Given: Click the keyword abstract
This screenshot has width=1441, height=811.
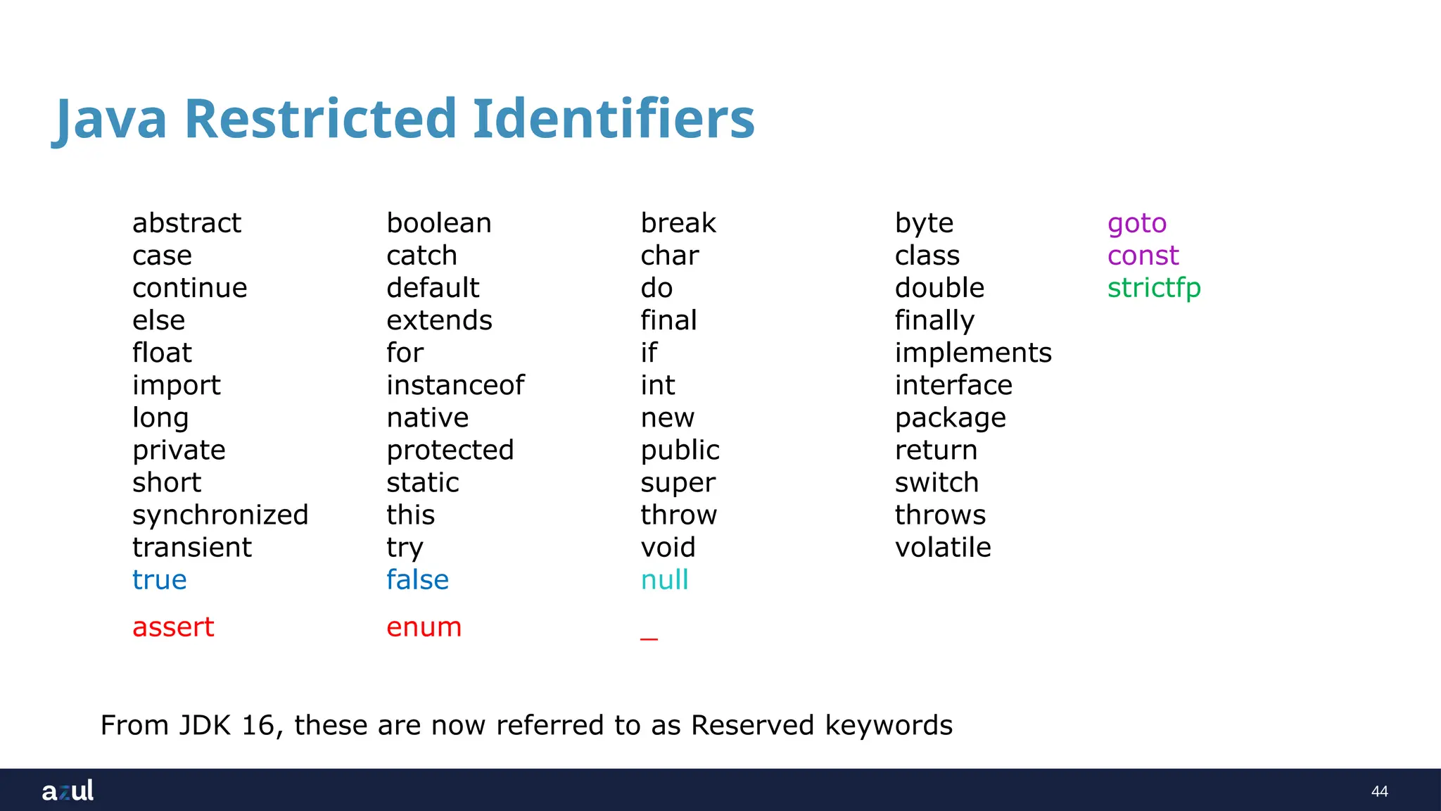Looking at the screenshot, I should click(x=186, y=223).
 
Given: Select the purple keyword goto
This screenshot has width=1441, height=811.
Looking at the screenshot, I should click(x=1136, y=224).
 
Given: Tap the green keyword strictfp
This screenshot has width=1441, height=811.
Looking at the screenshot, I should click(x=1153, y=288).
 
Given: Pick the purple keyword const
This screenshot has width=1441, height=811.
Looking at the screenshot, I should click(x=1143, y=256).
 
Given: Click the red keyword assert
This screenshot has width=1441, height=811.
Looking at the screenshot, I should click(x=173, y=627).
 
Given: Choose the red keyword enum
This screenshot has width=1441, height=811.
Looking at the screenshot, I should click(x=424, y=627).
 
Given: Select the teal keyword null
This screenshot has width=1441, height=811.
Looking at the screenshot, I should click(x=664, y=580).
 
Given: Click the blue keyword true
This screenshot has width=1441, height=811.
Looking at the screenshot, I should click(x=160, y=580).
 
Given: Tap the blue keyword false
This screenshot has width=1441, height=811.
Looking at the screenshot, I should click(x=417, y=580).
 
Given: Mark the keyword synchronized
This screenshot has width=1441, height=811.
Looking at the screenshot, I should click(x=220, y=515).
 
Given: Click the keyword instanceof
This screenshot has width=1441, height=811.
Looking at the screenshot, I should click(x=455, y=385).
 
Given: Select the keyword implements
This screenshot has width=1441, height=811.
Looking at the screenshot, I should click(x=973, y=353).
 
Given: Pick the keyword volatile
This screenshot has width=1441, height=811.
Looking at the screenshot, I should click(x=943, y=548).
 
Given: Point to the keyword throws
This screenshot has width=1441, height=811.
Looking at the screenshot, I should click(x=940, y=515).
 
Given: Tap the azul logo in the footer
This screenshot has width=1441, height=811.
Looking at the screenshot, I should click(x=68, y=791).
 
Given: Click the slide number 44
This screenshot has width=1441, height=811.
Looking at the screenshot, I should click(x=1379, y=791).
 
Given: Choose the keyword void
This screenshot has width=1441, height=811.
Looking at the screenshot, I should click(x=668, y=548).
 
